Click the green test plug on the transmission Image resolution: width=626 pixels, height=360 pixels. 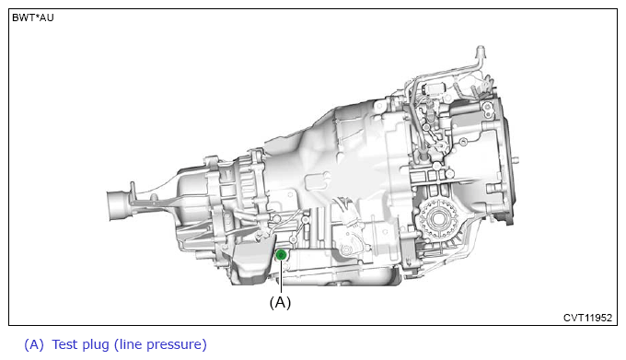tap(281, 255)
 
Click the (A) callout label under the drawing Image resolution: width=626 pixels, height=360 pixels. tap(280, 302)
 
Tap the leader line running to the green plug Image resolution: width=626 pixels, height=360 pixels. tap(281, 277)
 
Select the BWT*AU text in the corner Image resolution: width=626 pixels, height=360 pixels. tap(33, 18)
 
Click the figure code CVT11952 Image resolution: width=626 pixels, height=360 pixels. tap(587, 318)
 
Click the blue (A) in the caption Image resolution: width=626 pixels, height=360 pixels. tap(33, 344)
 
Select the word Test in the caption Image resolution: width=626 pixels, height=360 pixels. tap(64, 344)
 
